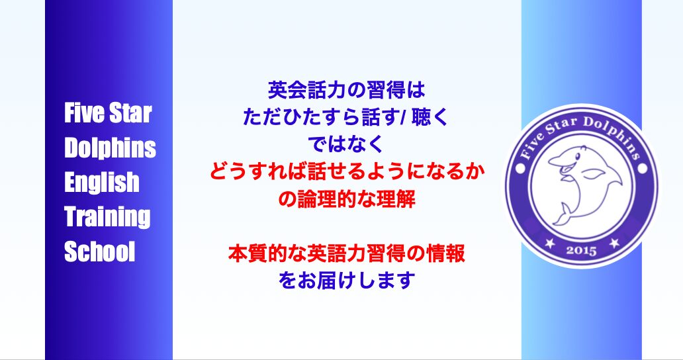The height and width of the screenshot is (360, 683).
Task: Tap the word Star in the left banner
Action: pos(130,113)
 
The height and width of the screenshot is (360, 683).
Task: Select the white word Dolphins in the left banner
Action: pos(110,148)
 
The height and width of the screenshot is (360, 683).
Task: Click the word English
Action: pos(101,183)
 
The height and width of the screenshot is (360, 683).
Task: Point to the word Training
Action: pos(107,217)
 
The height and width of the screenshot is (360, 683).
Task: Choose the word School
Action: pos(99,251)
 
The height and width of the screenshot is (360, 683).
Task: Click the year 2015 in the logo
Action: pos(582,250)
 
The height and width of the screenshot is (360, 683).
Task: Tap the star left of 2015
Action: pos(550,244)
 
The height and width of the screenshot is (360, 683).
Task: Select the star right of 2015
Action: pos(614,243)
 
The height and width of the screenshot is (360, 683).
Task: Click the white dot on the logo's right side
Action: pos(643,168)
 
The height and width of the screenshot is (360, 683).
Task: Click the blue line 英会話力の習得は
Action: pos(346,91)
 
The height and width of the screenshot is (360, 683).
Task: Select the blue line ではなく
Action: pos(346,144)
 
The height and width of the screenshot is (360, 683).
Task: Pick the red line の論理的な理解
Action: pos(347,199)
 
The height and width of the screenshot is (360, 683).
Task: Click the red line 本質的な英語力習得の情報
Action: pos(347,253)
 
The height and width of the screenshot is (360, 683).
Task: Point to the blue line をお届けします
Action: pos(347,281)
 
